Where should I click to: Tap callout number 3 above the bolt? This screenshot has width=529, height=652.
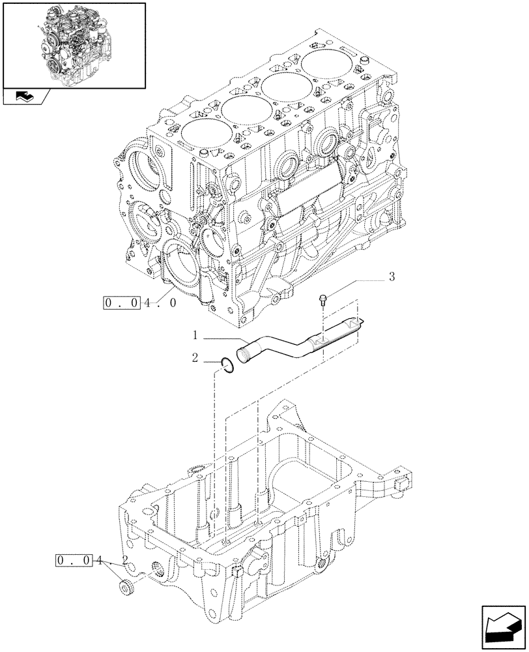click(x=392, y=276)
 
